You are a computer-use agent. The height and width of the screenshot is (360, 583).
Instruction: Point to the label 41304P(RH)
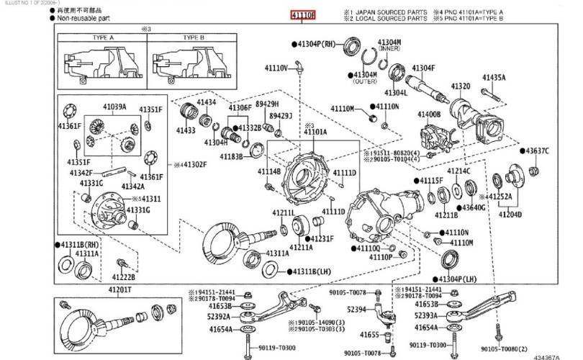[317, 44]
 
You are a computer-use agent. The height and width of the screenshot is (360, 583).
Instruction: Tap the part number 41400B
[429, 114]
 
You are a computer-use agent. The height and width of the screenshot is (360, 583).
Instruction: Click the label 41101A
[315, 132]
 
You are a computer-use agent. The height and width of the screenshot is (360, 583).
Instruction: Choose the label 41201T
[121, 289]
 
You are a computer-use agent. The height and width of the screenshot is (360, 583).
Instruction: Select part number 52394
[358, 309]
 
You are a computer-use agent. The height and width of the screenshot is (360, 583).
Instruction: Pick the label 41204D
[511, 214]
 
